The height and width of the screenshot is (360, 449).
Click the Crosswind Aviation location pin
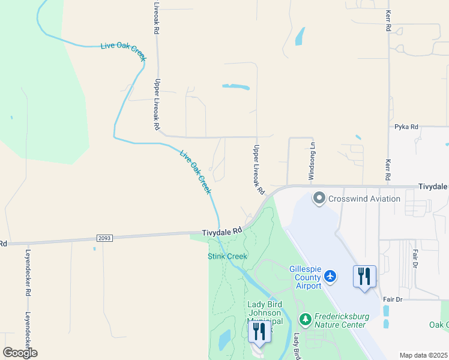(319, 198)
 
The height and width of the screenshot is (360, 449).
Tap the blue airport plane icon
(330, 276)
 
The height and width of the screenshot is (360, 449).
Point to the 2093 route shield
(103, 238)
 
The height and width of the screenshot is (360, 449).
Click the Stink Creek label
(228, 256)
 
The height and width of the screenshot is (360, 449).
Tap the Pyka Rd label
(406, 127)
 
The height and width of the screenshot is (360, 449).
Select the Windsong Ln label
(311, 158)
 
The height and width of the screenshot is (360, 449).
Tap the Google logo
(20, 353)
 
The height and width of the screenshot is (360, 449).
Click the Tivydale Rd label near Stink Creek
(221, 231)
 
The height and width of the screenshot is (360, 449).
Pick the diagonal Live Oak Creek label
(196, 171)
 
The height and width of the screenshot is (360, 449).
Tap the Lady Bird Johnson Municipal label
(264, 313)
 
